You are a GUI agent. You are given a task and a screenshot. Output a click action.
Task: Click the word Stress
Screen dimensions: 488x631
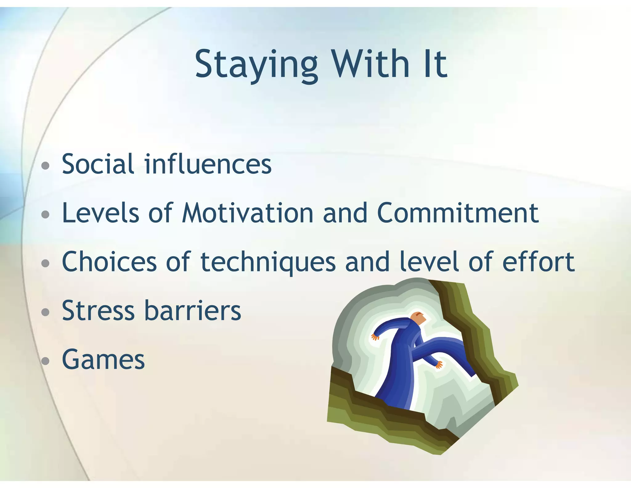tap(98, 311)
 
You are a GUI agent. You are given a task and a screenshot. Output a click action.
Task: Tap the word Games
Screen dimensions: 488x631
tap(103, 360)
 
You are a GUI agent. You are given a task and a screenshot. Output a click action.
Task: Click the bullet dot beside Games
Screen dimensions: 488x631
tap(45, 361)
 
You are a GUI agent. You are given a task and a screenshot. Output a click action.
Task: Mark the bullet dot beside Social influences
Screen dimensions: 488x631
tap(45, 166)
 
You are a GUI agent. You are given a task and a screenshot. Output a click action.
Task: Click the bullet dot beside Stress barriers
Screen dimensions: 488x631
tap(45, 312)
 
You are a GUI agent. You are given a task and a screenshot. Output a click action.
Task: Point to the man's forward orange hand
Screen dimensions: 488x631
tap(439, 365)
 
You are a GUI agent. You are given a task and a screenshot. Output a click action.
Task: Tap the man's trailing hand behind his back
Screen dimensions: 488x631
tap(375, 337)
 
